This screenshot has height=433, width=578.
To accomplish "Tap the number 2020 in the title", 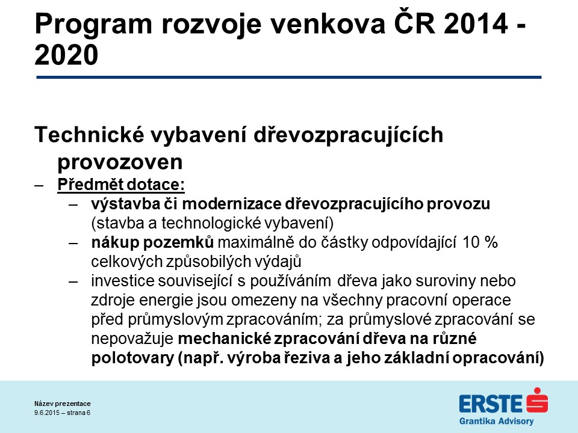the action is point(66,55).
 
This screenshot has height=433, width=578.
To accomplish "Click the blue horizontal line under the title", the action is point(288,78).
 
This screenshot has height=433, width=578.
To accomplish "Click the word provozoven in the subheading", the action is point(120,162).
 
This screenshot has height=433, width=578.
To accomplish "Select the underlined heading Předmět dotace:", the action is point(121,185).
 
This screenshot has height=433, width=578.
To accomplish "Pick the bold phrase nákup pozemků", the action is point(152,242).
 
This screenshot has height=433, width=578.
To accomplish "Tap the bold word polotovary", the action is point(132,358).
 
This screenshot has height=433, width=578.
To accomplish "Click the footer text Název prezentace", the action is point(63,404).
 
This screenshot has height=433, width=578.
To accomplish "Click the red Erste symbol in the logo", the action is point(537,401).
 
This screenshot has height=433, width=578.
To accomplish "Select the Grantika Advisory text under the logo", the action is point(496,421).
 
